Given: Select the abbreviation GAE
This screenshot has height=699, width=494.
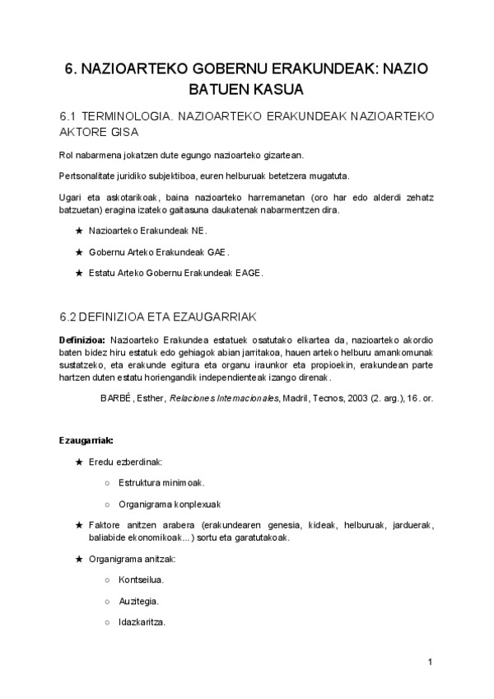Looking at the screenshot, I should (x=218, y=252).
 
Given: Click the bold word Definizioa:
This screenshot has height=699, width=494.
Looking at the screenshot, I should (x=82, y=340).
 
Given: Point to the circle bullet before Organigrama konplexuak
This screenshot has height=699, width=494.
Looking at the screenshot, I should (x=108, y=504).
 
